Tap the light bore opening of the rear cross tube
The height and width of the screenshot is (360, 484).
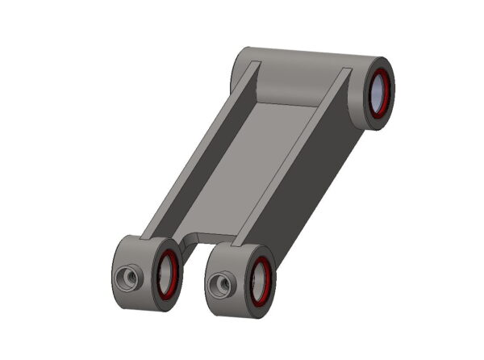378,91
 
